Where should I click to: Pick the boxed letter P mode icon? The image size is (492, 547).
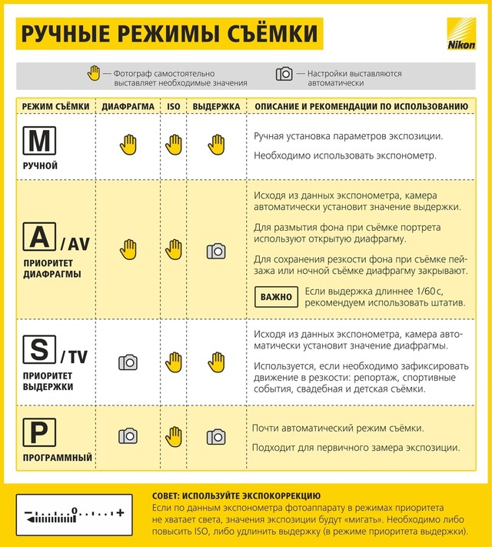38,432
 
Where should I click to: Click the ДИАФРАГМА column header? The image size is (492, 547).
128,105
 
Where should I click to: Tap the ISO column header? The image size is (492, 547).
175,105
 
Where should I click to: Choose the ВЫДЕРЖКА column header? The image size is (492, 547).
216,105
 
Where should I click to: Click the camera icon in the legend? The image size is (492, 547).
284,74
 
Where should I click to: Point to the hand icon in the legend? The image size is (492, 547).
95,74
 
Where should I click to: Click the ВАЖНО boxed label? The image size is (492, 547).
276,296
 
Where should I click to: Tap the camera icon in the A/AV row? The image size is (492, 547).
216,250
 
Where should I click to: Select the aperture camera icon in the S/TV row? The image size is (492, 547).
128,362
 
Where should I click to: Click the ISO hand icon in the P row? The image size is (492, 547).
175,436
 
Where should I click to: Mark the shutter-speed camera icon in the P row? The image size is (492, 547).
216,437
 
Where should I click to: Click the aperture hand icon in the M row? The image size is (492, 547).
128,144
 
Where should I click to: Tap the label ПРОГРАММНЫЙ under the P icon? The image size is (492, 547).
58,458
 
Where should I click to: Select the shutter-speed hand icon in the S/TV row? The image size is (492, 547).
216,361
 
